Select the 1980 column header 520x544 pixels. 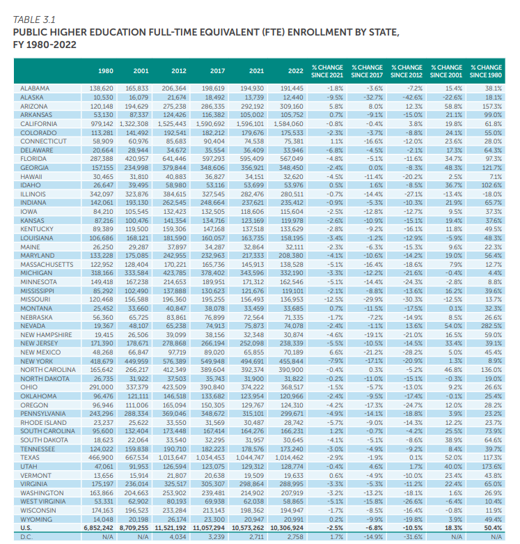(x=106, y=71)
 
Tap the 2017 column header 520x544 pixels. (x=217, y=71)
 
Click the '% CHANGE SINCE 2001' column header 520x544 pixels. (x=447, y=71)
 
